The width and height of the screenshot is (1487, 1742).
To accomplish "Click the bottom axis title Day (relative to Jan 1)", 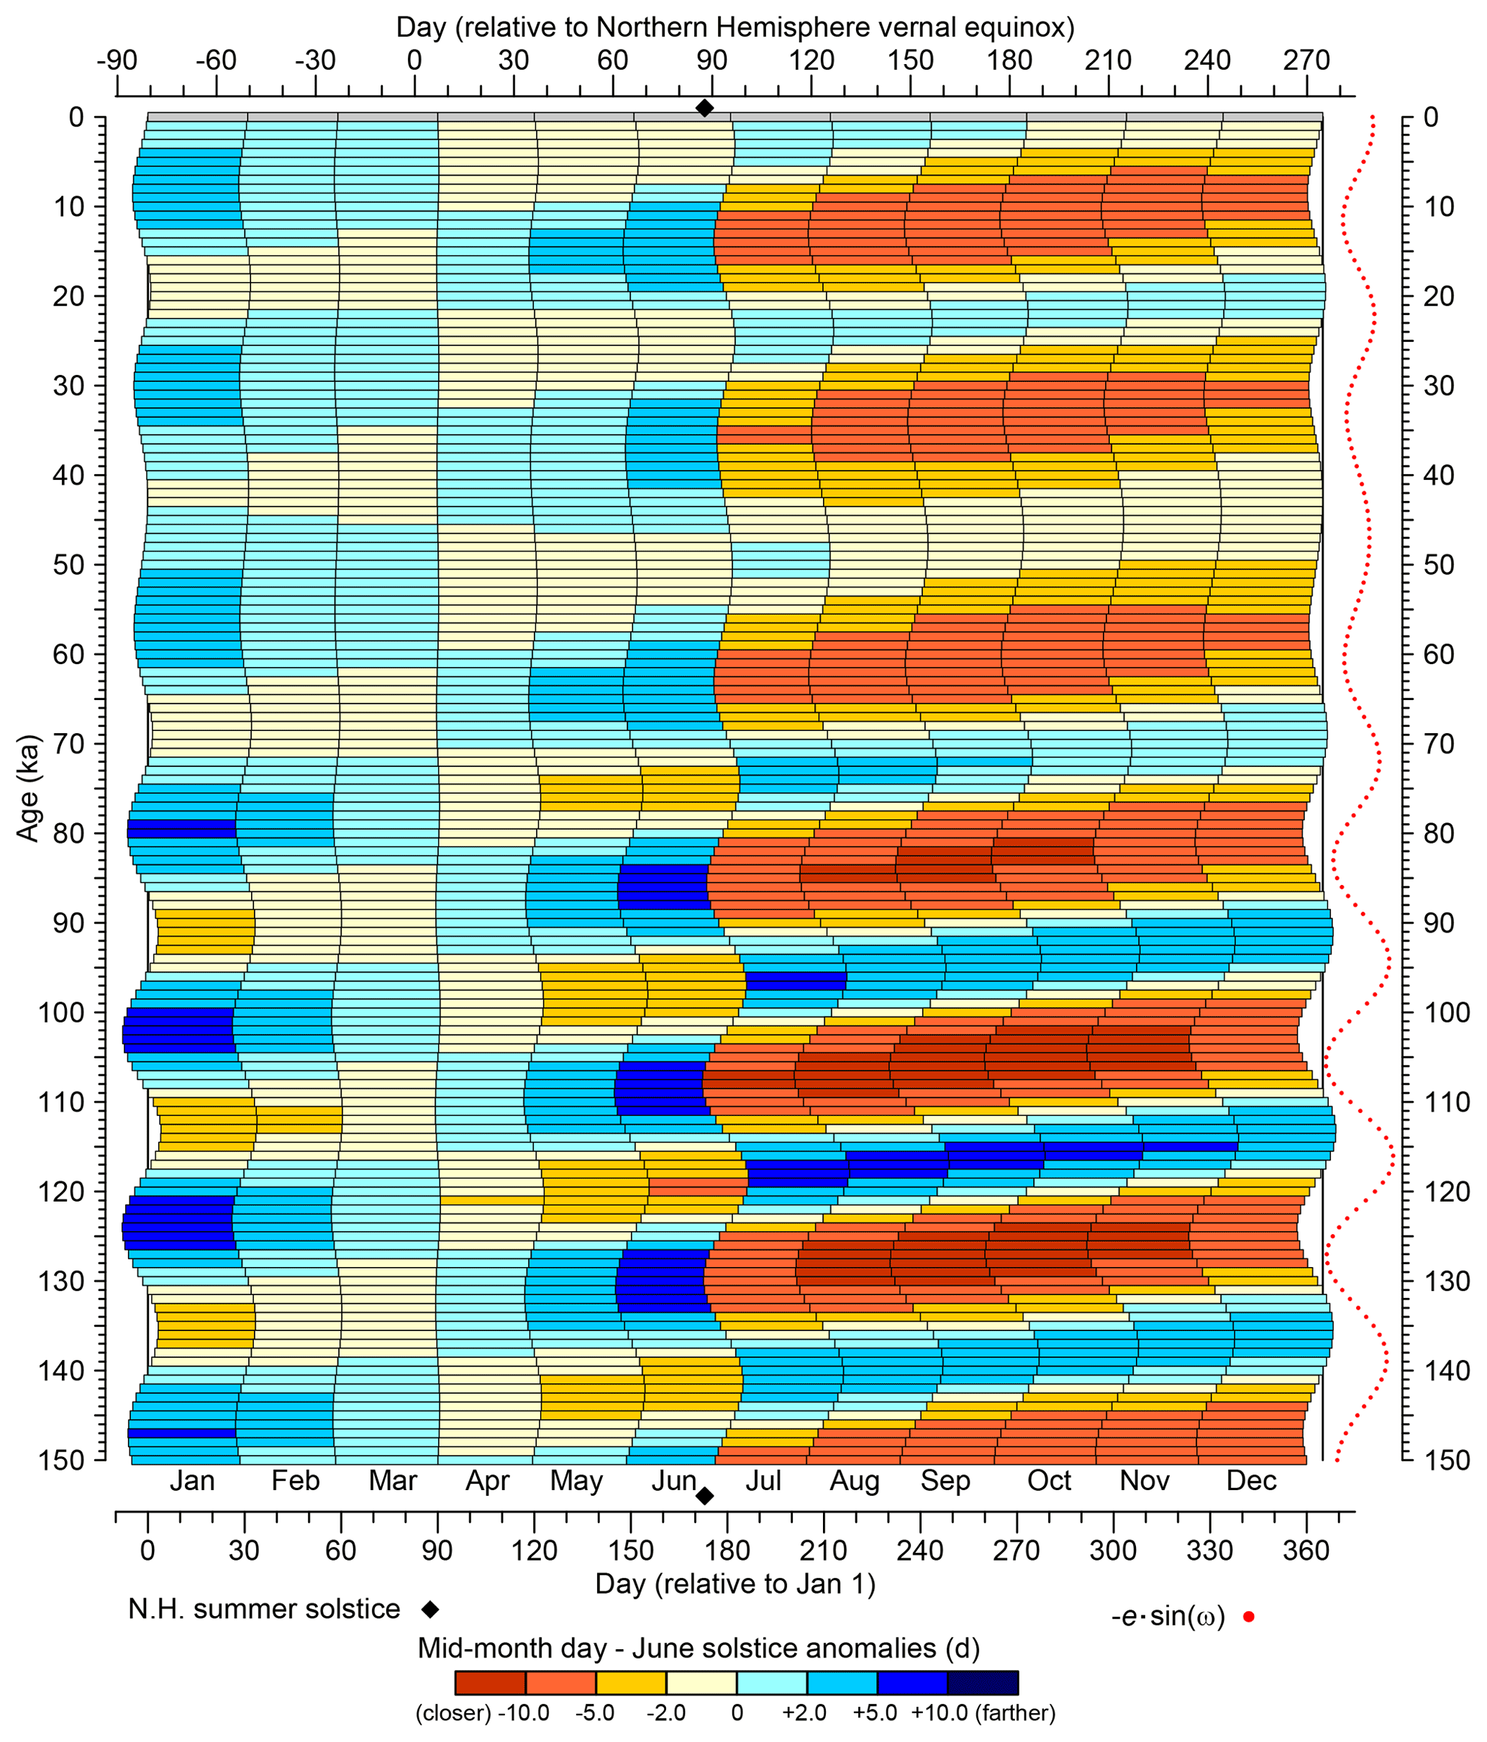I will (735, 1584).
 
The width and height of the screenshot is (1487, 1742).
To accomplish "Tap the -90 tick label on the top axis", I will (117, 60).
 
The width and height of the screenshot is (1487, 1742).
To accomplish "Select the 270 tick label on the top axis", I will (1306, 60).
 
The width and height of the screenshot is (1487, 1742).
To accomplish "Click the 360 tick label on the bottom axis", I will (1306, 1551).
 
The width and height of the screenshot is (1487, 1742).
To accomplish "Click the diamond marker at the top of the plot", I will (704, 108).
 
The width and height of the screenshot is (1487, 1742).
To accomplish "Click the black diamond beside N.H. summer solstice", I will (430, 1609).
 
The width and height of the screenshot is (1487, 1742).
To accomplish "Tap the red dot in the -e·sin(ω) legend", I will (1248, 1617).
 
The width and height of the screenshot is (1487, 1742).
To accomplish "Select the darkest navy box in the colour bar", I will (982, 1682).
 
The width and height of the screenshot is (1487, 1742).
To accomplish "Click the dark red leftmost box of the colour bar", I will (490, 1682).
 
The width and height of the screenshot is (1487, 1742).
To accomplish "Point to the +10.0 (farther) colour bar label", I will (983, 1713).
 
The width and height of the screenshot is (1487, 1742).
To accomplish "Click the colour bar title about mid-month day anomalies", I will (699, 1648).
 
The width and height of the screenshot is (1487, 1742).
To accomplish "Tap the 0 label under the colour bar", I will (737, 1713).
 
